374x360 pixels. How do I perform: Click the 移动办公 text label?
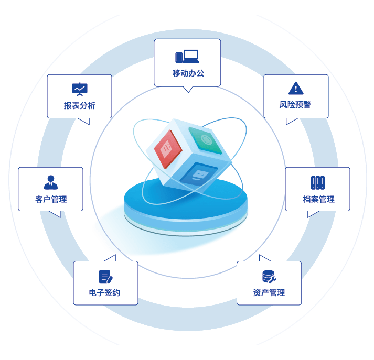point(188,73)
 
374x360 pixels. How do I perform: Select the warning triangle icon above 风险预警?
point(296,88)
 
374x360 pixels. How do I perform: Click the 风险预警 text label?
point(295,105)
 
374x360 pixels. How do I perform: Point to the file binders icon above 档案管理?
point(317,182)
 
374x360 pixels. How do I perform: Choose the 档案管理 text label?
point(318,199)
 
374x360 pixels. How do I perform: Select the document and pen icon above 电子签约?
point(105,276)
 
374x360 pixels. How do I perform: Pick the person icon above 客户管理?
point(51,182)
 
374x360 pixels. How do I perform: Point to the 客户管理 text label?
point(51,199)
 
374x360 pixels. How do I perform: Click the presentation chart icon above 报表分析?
point(80,89)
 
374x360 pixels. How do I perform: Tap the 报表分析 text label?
point(80,105)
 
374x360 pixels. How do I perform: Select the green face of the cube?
point(205,140)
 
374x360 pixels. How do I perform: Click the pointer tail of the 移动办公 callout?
point(188,89)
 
